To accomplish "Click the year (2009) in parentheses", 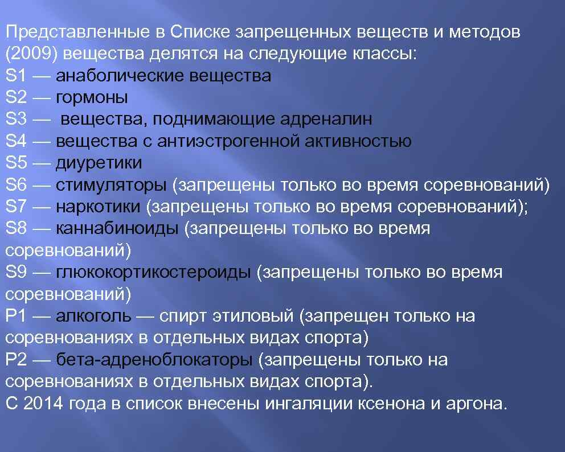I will tap(30, 54).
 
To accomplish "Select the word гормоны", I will tap(92, 98).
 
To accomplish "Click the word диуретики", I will tap(99, 163).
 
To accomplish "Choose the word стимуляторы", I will tap(112, 185).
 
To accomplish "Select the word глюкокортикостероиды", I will tap(153, 273).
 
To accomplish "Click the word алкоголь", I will tap(94, 316).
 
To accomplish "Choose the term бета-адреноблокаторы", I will tap(154, 360).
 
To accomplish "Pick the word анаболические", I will tap(119, 76).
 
